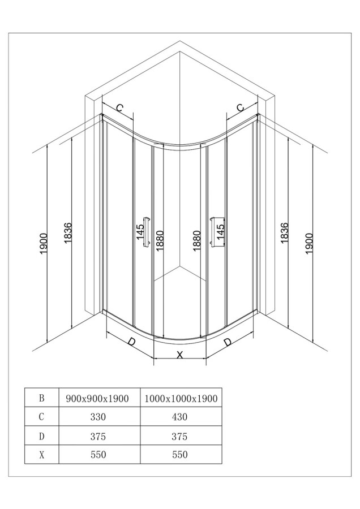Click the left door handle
[x=147, y=232]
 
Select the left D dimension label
[x=131, y=342]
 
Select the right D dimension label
[x=228, y=342]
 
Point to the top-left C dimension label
[x=120, y=108]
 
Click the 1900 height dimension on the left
[x=44, y=243]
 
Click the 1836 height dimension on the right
[x=284, y=233]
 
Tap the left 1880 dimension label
[x=160, y=240]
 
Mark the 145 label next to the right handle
[x=220, y=232]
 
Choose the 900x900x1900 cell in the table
[x=97, y=398]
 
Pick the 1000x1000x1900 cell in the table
[x=181, y=398]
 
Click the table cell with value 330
[x=98, y=416]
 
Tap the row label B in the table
[x=41, y=398]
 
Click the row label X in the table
[x=41, y=455]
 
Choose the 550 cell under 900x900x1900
[x=98, y=455]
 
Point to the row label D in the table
[x=41, y=436]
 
